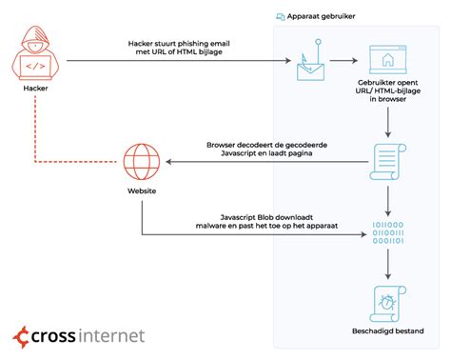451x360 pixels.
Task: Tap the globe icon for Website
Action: (142, 161)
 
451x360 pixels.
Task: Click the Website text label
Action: (142, 191)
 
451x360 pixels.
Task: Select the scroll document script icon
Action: (387, 163)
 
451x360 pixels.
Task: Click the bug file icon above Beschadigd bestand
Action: (387, 304)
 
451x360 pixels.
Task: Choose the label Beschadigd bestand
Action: (387, 332)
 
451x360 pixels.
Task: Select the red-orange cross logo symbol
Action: (22, 336)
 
